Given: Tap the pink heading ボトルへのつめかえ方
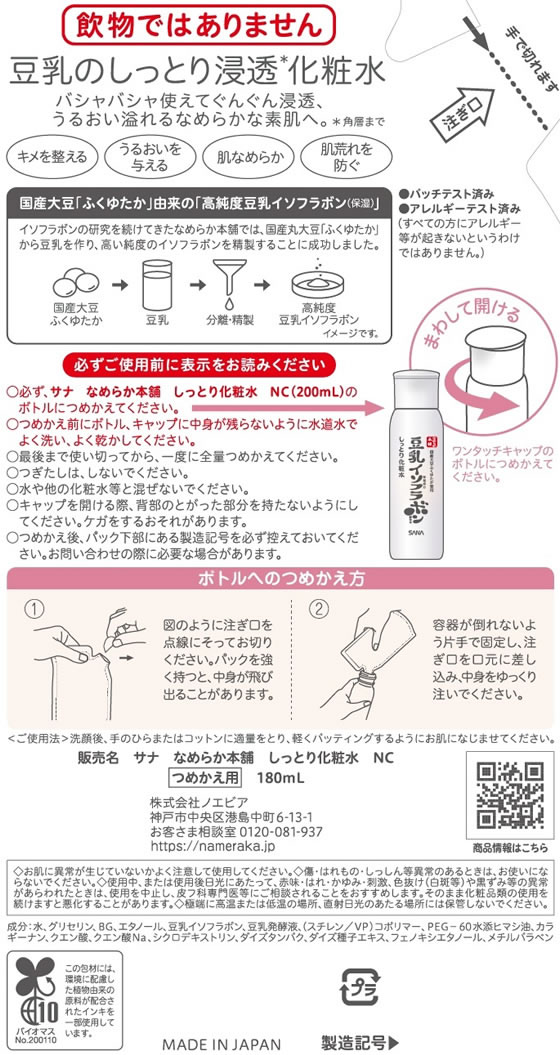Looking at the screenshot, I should pyautogui.click(x=280, y=579).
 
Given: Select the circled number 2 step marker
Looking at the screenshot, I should pyautogui.click(x=318, y=609).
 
